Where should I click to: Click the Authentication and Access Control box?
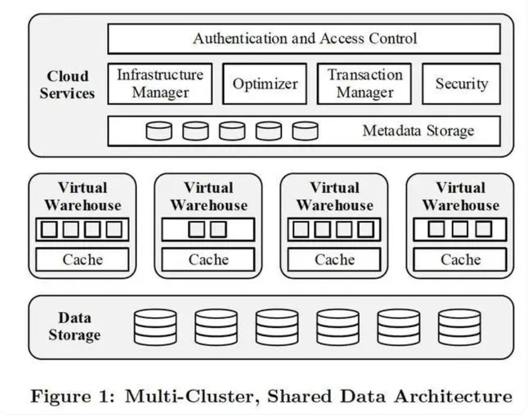pos(304,39)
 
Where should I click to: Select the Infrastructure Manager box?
pos(160,83)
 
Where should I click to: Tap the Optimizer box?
pos(265,83)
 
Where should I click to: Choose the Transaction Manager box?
pos(364,83)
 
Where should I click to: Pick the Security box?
pos(461,83)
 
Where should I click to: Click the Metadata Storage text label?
pos(418,131)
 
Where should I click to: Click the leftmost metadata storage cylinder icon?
pos(159,131)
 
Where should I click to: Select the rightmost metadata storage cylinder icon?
pos(305,131)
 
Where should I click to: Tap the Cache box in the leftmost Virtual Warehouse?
pos(82,259)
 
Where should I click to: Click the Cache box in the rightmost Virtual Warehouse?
pos(460,259)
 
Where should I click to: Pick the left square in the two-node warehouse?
pos(197,229)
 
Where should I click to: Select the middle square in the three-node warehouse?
pos(460,229)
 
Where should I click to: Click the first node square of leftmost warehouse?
pos(49,229)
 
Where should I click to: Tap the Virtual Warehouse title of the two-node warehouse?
pos(208,196)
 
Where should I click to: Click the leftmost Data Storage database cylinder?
pos(155,327)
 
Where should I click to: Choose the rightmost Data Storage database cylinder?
pos(459,327)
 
